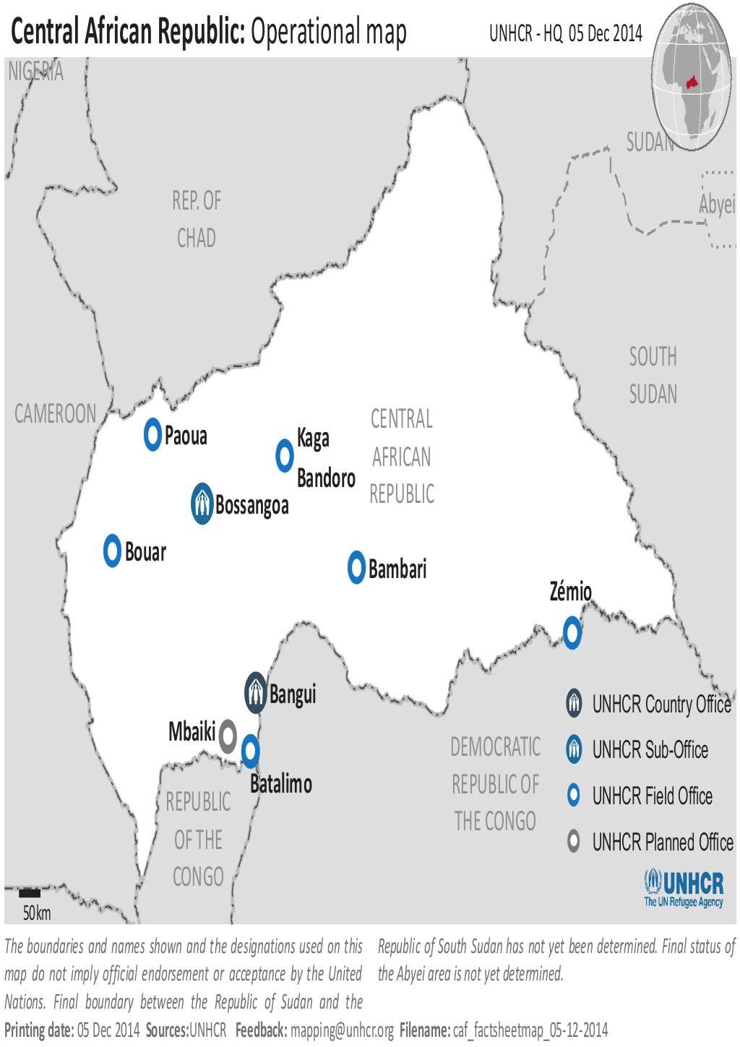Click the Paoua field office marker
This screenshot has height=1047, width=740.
point(152,435)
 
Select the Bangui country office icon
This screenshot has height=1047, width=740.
point(255,693)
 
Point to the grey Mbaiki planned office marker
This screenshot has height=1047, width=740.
point(228,736)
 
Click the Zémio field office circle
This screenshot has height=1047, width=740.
point(572,634)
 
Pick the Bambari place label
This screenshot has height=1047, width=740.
point(397,569)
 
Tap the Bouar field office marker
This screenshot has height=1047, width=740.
point(112,551)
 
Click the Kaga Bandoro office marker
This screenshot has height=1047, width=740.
point(285,455)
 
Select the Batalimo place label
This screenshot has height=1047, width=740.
point(281,784)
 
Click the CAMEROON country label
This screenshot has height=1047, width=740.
point(56,414)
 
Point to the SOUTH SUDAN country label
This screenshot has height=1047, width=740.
point(653,375)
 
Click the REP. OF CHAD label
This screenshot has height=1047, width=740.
point(197,219)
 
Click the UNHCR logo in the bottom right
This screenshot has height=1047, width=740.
point(683,889)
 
